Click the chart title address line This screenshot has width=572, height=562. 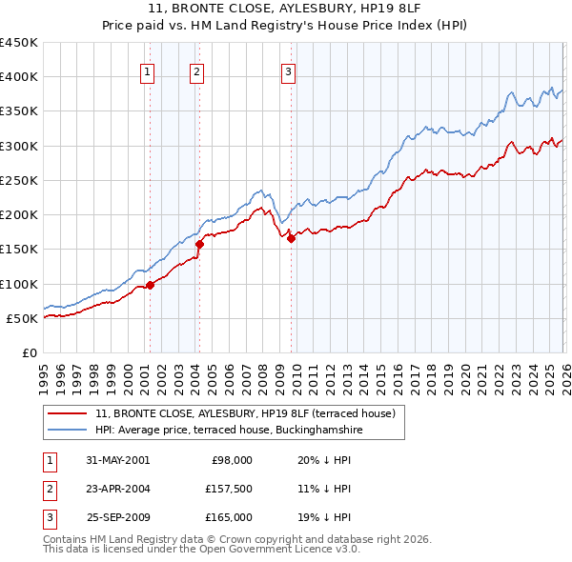pos(286,9)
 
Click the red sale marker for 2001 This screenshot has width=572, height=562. pos(151,285)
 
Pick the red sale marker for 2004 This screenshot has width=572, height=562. pos(199,244)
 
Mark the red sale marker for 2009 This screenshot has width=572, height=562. pos(291,239)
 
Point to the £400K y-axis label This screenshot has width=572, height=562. pos(18,77)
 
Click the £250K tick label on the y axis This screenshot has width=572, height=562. pos(18,180)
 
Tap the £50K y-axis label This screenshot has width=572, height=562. pos(21,318)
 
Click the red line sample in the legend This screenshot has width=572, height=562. pos(68,413)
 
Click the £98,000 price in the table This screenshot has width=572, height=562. pos(231,459)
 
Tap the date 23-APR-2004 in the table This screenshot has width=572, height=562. pos(118,489)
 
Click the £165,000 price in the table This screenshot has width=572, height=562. pos(229,517)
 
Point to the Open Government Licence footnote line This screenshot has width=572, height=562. pos(201,550)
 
